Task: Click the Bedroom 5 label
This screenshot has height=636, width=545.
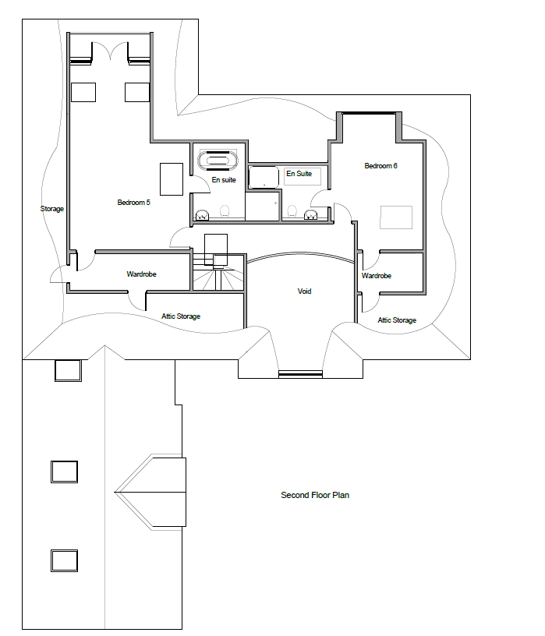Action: click(x=133, y=203)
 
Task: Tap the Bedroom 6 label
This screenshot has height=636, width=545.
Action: click(x=380, y=166)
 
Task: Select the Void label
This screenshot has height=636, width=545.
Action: click(x=304, y=291)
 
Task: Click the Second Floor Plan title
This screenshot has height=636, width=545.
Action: click(x=315, y=495)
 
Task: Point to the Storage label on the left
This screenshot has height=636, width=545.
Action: click(x=52, y=209)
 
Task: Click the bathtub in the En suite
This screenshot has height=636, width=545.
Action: click(x=218, y=161)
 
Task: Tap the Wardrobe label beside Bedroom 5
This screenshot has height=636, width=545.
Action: click(x=141, y=274)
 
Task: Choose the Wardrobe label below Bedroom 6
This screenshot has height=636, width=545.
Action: click(x=377, y=276)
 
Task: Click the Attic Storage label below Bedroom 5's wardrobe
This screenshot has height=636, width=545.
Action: click(x=181, y=316)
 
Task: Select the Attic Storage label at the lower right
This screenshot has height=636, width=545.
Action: click(x=397, y=320)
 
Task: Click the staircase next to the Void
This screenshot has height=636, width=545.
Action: click(x=218, y=272)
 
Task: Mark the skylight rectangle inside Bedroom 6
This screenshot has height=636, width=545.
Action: click(x=396, y=217)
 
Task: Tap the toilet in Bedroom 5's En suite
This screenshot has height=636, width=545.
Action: click(x=225, y=211)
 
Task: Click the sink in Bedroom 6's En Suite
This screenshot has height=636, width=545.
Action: click(x=311, y=214)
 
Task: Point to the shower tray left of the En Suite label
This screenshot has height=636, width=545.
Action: click(x=264, y=177)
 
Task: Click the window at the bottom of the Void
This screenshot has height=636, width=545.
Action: click(x=300, y=374)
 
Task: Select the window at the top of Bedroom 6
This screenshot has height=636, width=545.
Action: click(x=369, y=113)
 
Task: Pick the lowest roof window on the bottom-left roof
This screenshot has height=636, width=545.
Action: click(x=64, y=560)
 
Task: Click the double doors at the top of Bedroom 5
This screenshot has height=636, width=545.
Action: click(x=110, y=51)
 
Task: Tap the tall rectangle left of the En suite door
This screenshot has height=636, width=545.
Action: click(x=172, y=179)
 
